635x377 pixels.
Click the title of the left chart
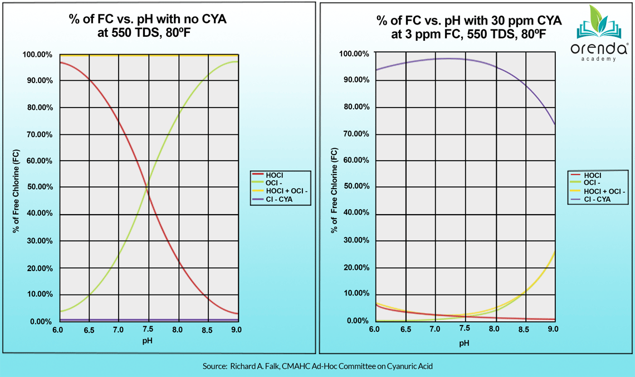click(148, 26)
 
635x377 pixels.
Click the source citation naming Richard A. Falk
click(317, 366)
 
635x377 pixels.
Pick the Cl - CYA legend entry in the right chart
click(594, 200)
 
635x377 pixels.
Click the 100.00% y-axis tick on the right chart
click(355, 54)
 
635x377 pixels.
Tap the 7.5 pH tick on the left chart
click(148, 330)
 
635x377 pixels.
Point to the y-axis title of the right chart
click(335, 187)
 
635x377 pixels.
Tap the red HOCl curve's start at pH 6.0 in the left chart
click(60, 62)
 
